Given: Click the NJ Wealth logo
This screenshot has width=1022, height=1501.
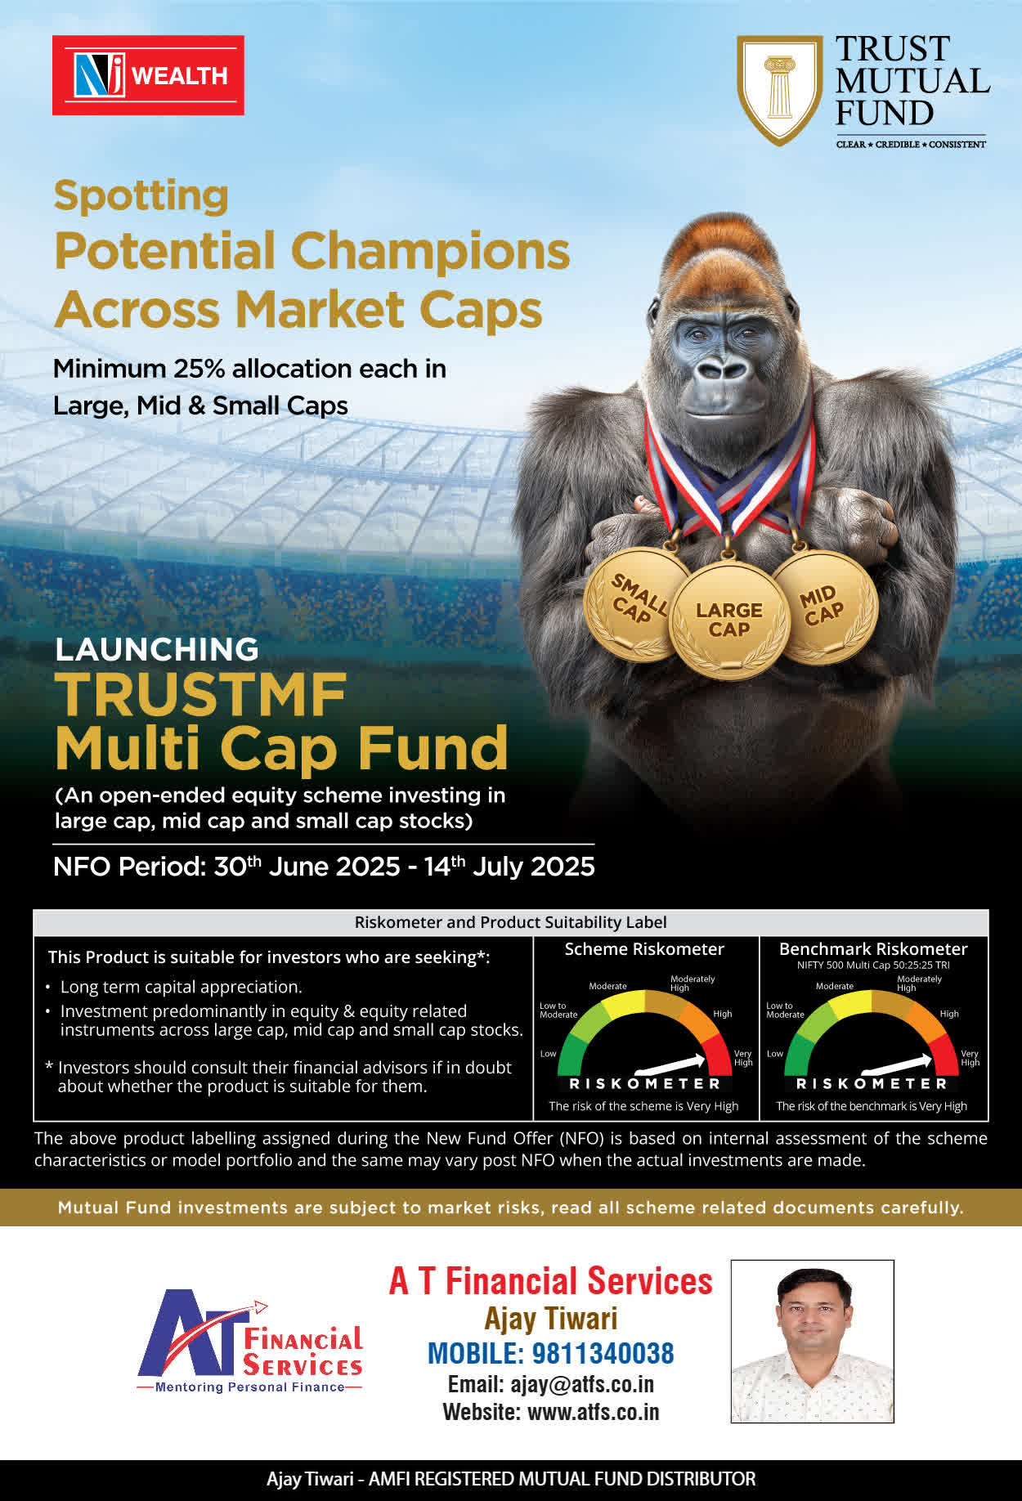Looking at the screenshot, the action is click(148, 75).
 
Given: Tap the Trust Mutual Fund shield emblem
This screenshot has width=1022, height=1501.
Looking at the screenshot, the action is click(779, 90).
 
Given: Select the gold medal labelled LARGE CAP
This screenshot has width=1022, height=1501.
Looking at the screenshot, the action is click(728, 620).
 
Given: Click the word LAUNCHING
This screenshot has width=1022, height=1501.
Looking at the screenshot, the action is click(156, 649).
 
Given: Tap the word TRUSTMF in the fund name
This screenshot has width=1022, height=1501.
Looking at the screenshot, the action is click(200, 695).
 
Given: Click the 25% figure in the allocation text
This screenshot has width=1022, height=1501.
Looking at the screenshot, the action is click(199, 369).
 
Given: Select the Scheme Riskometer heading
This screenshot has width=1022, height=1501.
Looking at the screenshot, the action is click(644, 949).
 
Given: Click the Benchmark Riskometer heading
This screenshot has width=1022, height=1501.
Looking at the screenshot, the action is click(873, 949).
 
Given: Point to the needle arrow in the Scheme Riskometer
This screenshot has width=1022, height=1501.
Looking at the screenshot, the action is click(670, 1064).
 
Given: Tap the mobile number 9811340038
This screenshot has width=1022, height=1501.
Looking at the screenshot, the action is click(603, 1353).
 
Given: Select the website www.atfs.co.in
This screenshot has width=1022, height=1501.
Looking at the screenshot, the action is click(593, 1412).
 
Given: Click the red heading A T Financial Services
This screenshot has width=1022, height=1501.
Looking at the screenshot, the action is click(550, 1281).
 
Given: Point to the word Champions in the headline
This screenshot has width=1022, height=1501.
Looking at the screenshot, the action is click(430, 251).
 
